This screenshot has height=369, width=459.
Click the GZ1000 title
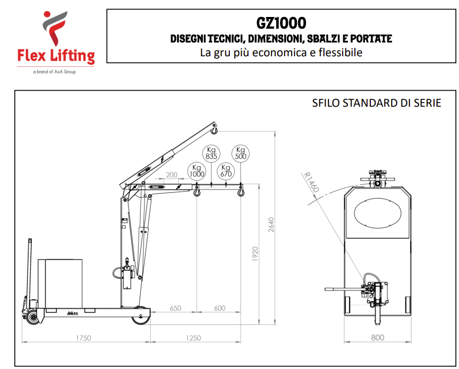pos(281,23)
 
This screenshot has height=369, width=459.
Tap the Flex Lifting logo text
pos(56,56)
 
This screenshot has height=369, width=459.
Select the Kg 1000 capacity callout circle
pos(197,171)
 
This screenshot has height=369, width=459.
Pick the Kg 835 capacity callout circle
pos(211,153)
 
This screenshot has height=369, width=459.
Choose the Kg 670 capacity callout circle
pos(226,171)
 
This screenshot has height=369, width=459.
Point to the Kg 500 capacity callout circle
pos(241,153)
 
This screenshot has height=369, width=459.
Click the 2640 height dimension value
pos(271,225)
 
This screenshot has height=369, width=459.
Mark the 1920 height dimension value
pos(255,254)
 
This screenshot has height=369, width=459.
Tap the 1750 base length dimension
pos(83,338)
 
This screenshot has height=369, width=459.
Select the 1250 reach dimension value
pos(193,338)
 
